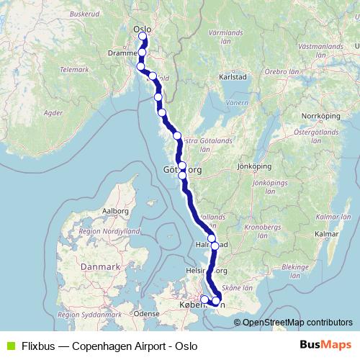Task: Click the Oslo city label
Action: (x=141, y=29)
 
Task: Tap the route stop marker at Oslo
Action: (x=143, y=37)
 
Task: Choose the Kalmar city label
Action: (x=327, y=234)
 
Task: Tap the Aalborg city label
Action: (x=116, y=211)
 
